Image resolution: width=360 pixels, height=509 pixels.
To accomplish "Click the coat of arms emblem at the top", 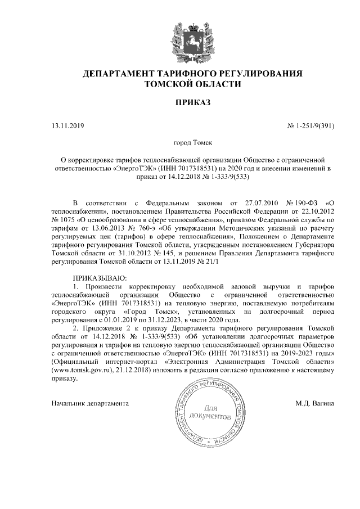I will [x=192, y=34].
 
